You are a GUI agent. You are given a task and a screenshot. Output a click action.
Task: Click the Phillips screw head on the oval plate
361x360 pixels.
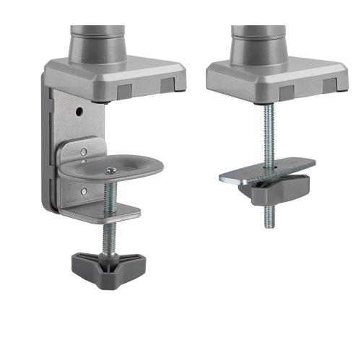pos(110,170)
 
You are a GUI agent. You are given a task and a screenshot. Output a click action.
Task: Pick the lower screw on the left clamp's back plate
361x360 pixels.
pos(83,191)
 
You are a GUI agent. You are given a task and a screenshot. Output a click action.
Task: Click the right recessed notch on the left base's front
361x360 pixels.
pos(168,85)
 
